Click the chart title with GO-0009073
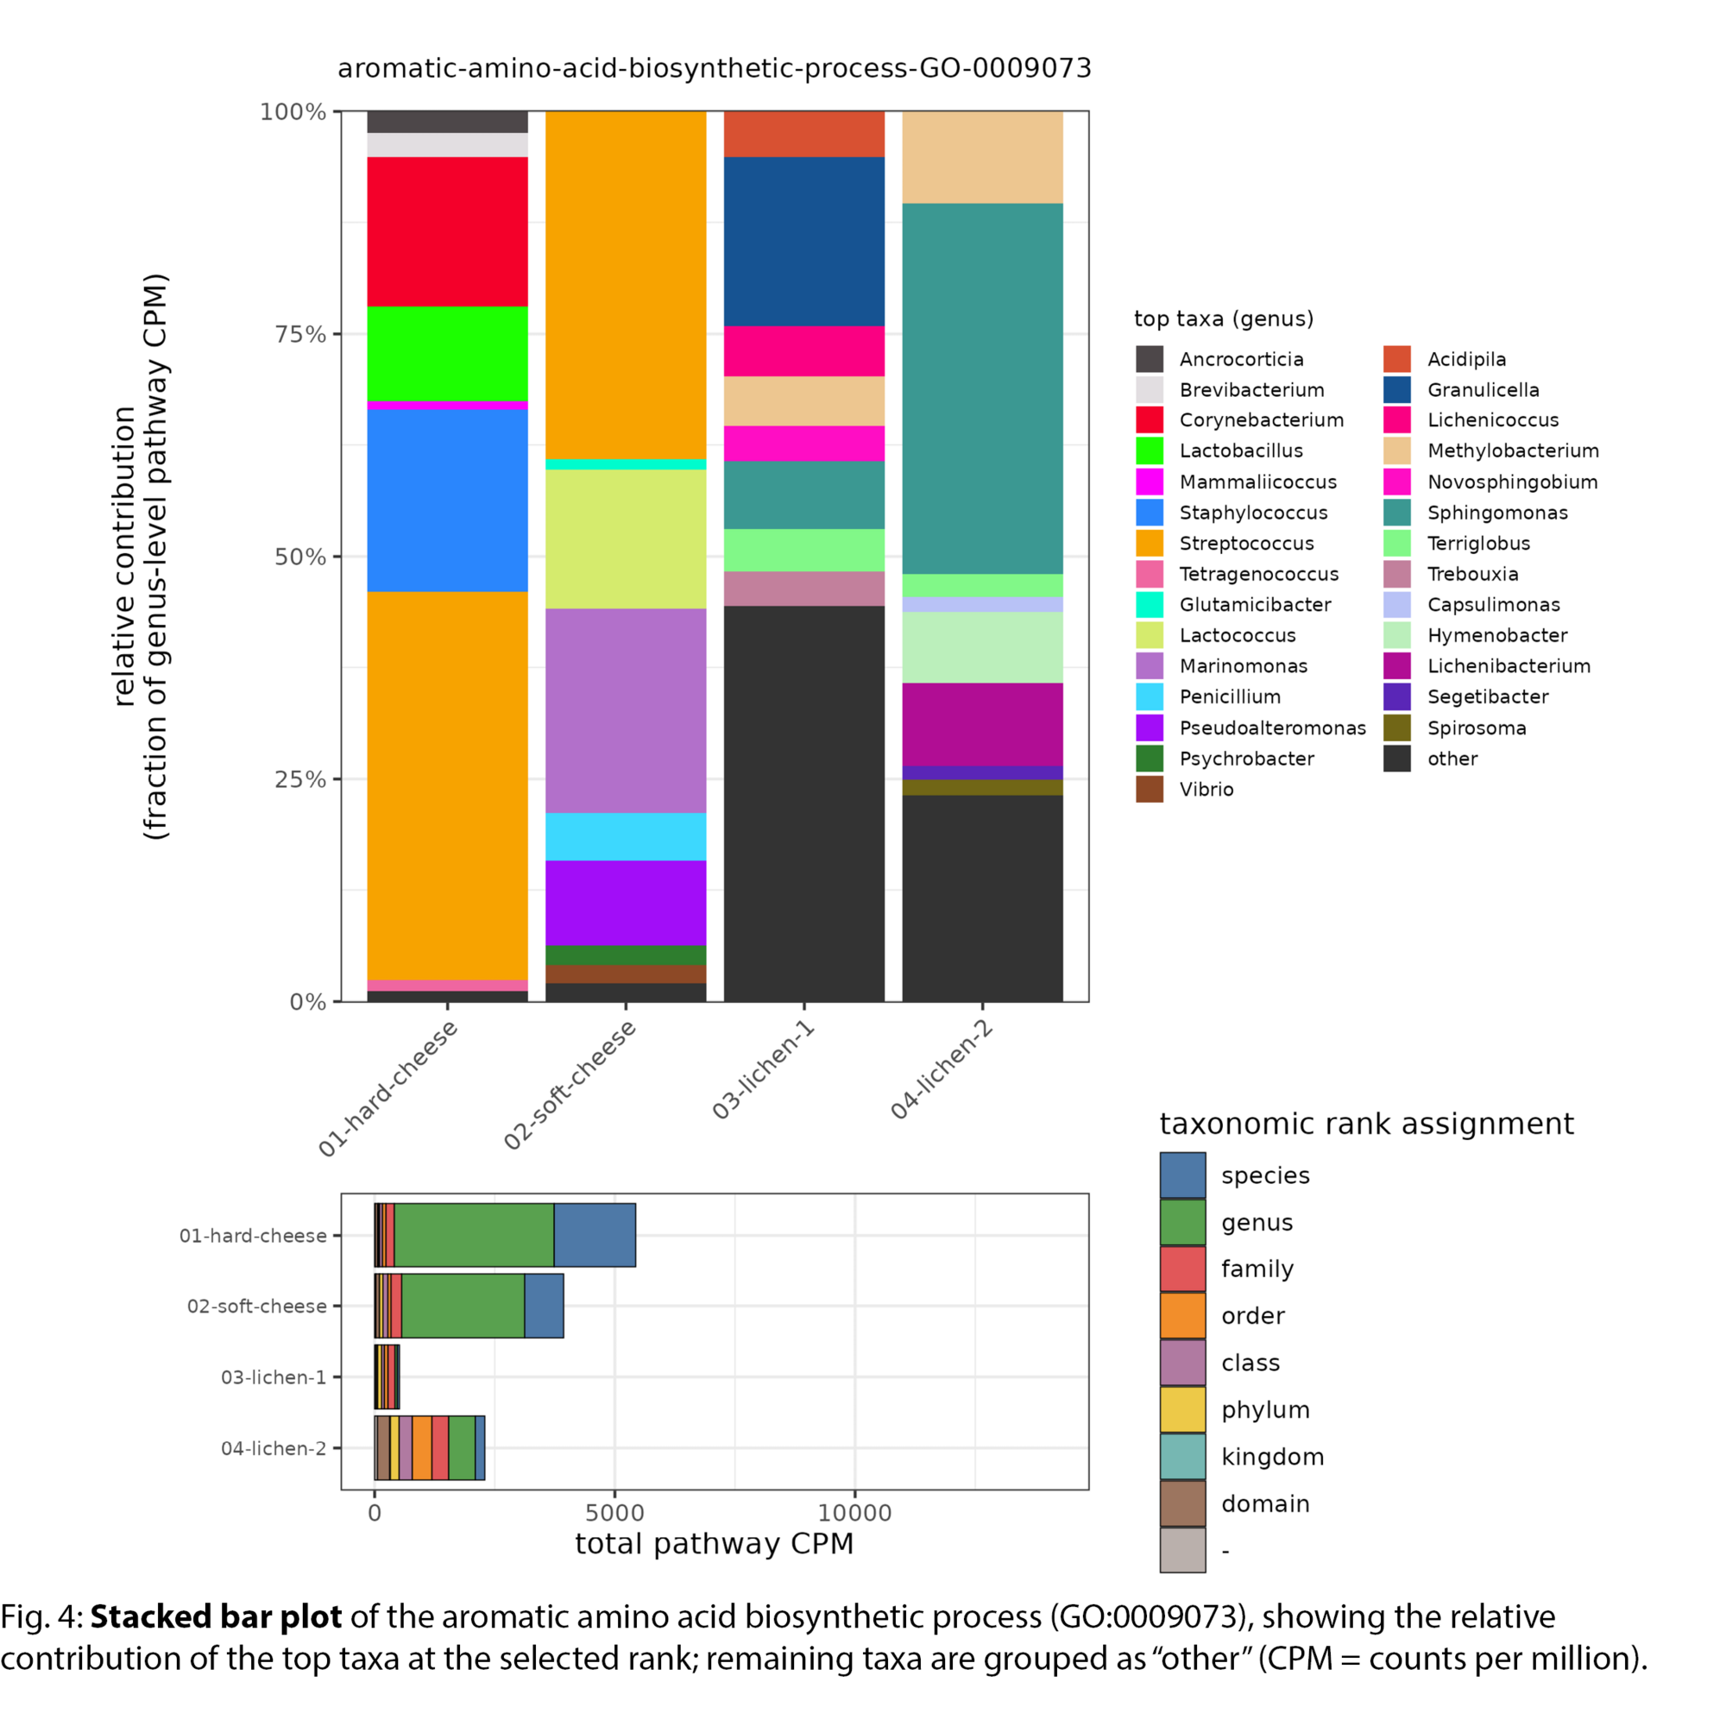714,69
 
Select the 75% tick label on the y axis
299,334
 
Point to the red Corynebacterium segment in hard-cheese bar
447,231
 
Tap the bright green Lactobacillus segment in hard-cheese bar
447,354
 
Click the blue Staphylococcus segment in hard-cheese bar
447,501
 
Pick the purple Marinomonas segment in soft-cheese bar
626,710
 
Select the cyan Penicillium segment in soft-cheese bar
626,836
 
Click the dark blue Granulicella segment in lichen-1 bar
803,242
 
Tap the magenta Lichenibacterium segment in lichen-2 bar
982,724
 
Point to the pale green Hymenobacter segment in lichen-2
982,646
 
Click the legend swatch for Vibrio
1149,789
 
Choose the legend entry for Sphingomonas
1496,513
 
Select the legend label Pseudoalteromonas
1272,728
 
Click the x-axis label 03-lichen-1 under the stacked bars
764,1069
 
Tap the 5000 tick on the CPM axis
614,1513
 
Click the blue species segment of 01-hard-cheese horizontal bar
594,1235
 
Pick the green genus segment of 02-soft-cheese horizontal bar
463,1305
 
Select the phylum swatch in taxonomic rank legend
1182,1409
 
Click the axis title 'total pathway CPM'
714,1544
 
